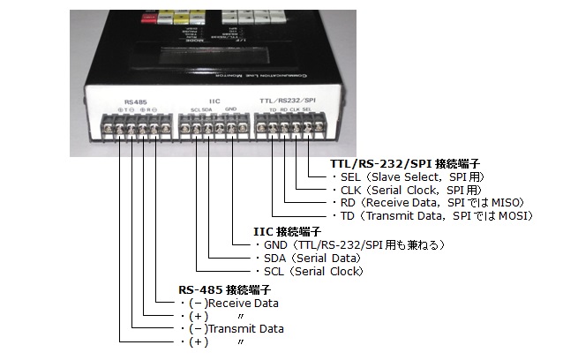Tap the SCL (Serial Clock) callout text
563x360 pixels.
[309, 271]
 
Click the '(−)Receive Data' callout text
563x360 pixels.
[233, 303]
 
